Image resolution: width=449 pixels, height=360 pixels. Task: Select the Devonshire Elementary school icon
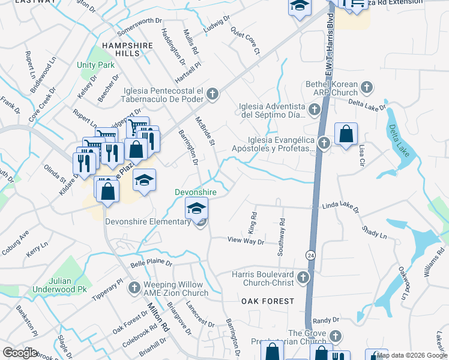(x=195, y=208)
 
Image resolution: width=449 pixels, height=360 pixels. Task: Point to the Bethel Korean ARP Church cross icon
(x=366, y=89)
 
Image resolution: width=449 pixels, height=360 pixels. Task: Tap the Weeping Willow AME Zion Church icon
(x=133, y=289)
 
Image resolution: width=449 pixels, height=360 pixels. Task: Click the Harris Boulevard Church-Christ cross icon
(x=303, y=278)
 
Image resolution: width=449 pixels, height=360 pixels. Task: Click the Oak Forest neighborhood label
(x=268, y=301)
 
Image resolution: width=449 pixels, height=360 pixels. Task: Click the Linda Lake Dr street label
(x=340, y=208)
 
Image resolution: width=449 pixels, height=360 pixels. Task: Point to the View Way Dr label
(x=246, y=241)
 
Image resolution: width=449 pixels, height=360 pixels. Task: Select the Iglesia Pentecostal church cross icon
(x=213, y=94)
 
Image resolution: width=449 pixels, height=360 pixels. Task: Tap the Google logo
(x=20, y=353)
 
